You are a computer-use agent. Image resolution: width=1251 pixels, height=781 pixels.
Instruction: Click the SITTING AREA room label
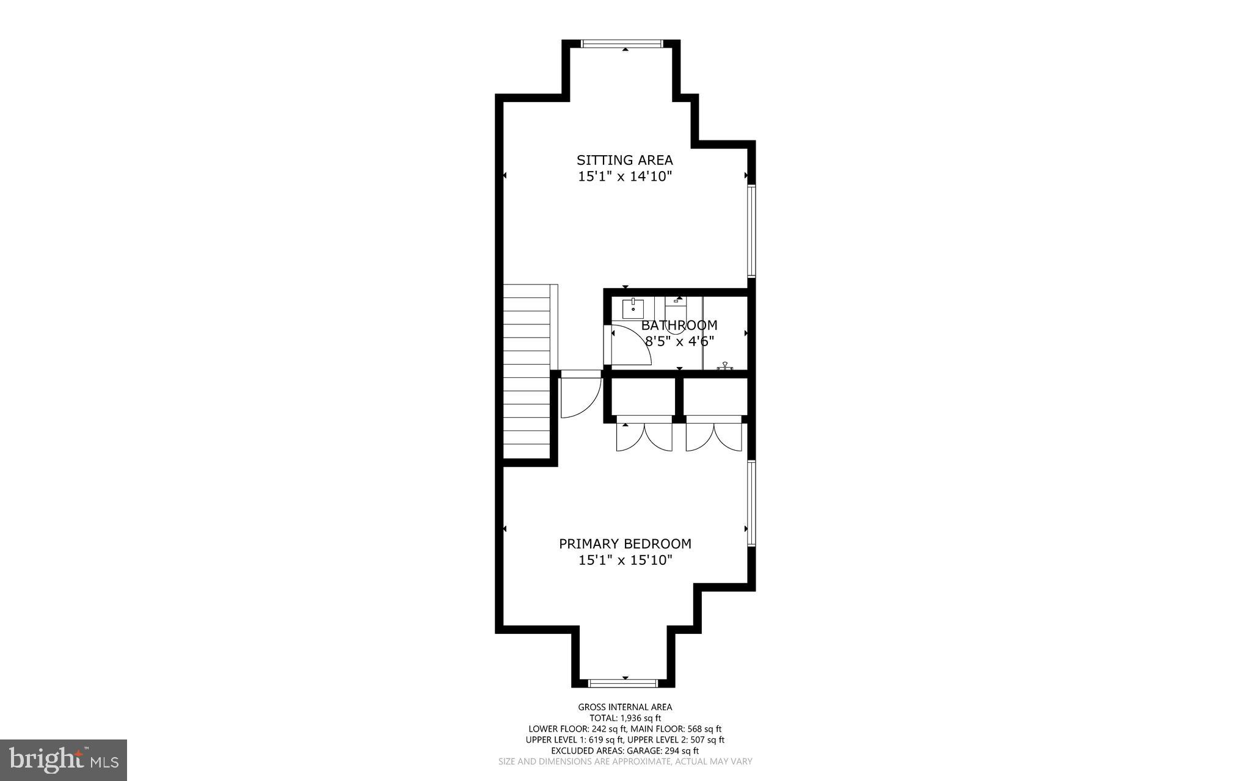624,160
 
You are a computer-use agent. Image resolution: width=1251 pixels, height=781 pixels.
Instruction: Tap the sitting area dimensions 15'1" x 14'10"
624,176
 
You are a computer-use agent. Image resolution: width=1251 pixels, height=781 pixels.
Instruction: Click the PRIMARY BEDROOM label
625,543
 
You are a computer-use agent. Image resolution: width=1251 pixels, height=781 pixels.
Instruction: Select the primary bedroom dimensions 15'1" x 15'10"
625,560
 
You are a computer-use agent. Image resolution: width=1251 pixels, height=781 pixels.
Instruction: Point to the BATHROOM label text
679,325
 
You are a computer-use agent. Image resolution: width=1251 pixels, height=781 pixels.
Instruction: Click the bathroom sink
633,309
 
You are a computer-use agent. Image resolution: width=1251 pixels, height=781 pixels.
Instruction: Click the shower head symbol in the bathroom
725,366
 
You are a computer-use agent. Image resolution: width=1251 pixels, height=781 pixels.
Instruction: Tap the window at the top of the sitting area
621,43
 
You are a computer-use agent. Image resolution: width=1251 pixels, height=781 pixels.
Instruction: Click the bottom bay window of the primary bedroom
623,683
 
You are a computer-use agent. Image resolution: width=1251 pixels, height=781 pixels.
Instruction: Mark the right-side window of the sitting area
752,231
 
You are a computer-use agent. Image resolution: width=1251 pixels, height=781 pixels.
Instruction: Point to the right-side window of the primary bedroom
752,503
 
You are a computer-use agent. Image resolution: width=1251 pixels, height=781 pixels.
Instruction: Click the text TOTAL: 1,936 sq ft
625,718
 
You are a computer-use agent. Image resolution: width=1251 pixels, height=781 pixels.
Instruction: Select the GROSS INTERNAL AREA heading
625,707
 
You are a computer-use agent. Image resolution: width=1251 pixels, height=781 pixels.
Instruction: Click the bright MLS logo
64,760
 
